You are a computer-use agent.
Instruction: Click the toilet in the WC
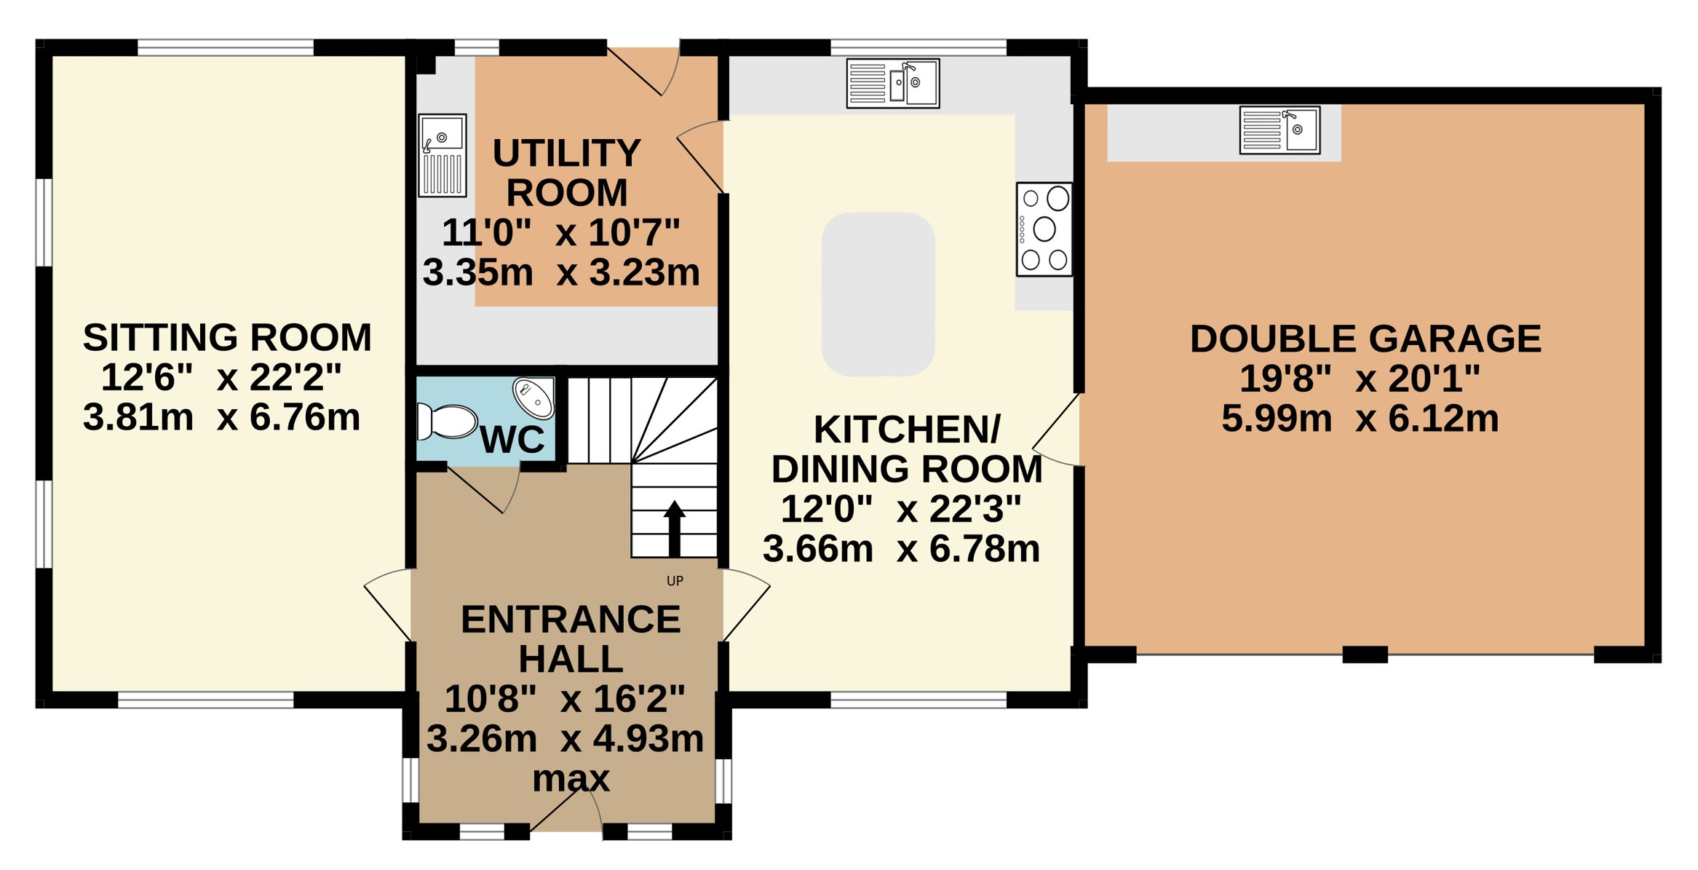(445, 422)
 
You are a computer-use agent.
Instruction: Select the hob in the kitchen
(1044, 229)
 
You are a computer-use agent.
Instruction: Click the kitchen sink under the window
(893, 84)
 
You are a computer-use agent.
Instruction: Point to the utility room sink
(443, 155)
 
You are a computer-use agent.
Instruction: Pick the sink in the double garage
(1280, 130)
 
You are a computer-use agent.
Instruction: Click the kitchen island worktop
(878, 294)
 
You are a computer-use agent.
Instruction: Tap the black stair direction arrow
(675, 529)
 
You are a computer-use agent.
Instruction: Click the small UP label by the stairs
(675, 581)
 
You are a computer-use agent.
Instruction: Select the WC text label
(512, 439)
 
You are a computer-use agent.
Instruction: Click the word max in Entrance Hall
(571, 778)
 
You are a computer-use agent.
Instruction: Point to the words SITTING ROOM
(227, 337)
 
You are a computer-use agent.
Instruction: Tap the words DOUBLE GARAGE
(1365, 339)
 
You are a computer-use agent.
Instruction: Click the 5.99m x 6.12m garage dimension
(1360, 419)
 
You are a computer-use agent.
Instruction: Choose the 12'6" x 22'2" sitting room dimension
(221, 377)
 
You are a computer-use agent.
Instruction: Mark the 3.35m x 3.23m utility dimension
(561, 272)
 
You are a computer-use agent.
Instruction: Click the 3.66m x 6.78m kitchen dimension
(901, 548)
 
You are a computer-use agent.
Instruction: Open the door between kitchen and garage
(1056, 430)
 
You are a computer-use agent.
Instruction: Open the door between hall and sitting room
(388, 605)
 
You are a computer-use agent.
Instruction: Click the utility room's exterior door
(643, 71)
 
